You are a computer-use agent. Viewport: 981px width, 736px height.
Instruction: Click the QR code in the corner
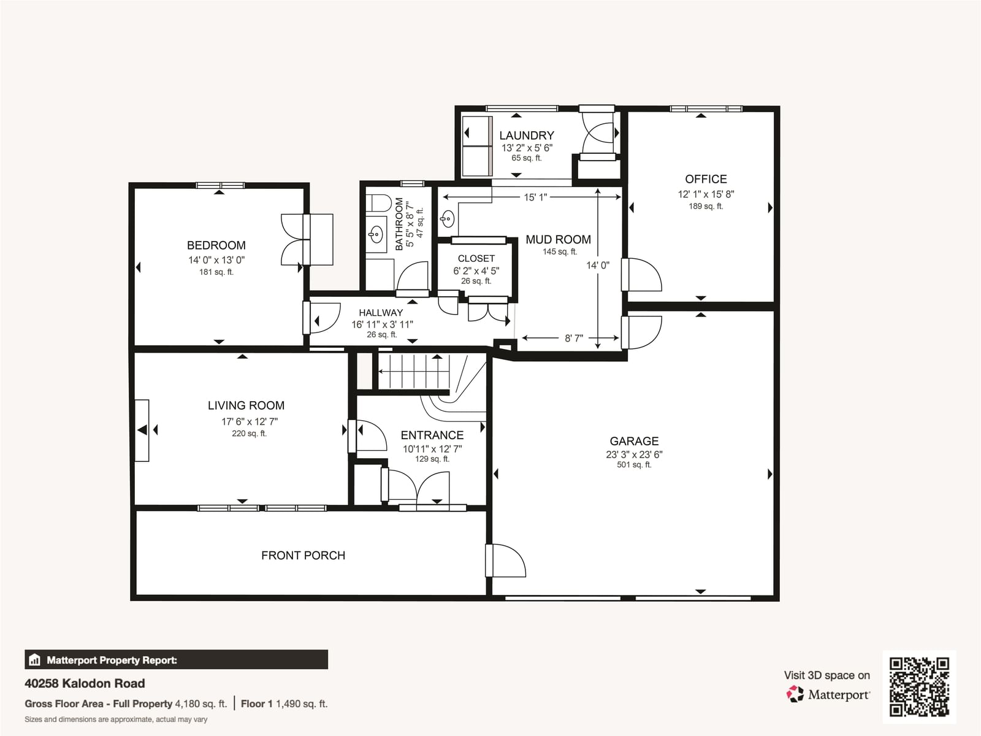coord(919,687)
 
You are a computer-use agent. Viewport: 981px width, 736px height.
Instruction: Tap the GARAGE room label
coord(634,441)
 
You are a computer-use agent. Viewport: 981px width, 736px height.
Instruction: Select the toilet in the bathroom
coord(378,203)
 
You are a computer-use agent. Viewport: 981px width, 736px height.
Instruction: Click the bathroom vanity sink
coord(376,234)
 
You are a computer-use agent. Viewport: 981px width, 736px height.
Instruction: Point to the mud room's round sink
coord(448,218)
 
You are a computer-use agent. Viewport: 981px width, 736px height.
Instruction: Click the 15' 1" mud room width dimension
coord(535,197)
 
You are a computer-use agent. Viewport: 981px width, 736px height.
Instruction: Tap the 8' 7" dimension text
coord(573,339)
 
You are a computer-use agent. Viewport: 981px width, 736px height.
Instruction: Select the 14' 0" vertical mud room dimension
coord(598,266)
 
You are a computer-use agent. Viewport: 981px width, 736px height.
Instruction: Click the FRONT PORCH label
coord(303,556)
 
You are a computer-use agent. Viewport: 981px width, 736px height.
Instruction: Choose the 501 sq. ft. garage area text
coord(634,465)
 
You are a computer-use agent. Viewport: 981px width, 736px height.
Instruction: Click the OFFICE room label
coord(706,179)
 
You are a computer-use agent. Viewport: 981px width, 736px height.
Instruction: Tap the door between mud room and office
coord(641,275)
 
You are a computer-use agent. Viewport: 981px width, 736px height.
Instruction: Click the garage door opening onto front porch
coord(505,561)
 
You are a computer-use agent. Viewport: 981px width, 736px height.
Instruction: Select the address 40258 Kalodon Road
coord(85,683)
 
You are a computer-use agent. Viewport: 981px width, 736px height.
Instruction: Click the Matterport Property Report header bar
coord(176,659)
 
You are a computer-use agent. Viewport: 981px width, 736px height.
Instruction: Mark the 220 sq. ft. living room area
coord(249,434)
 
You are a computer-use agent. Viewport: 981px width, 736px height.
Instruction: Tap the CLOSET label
coord(476,259)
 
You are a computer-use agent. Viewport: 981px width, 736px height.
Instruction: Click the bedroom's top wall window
coord(220,185)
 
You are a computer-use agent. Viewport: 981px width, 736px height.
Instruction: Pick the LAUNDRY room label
coord(527,136)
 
